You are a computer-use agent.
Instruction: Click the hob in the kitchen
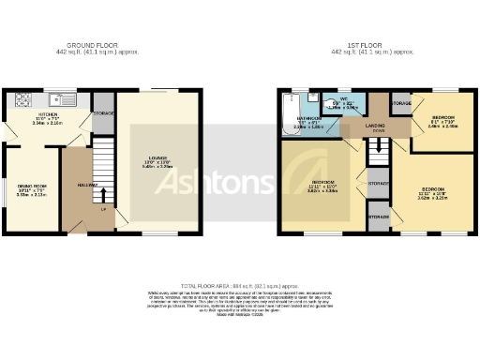(23, 97)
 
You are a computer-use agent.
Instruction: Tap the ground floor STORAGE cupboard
(103, 113)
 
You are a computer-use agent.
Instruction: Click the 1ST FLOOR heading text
(373, 43)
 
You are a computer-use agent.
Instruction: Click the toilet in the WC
(326, 97)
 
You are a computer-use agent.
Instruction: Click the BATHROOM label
(309, 119)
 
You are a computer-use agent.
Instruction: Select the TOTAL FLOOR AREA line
(240, 284)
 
